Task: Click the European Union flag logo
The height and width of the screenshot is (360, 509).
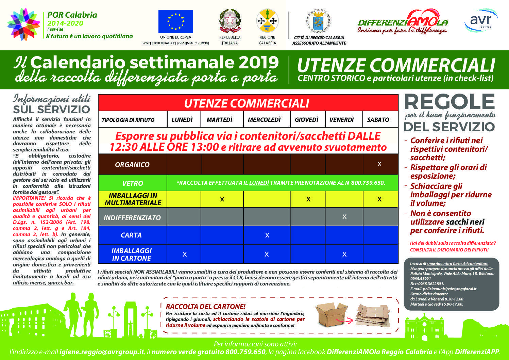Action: coord(175,21)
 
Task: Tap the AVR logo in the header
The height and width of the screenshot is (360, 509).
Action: coord(480,20)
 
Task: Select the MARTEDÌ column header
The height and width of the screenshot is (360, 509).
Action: coord(219,120)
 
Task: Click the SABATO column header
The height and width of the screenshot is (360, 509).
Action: coord(378,120)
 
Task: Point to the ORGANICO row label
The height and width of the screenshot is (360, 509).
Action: coord(132,165)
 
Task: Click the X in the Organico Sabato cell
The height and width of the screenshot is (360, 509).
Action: coord(379,164)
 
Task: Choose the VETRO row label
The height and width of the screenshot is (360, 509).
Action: coord(132,183)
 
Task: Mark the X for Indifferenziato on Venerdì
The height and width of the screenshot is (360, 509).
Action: coord(344,217)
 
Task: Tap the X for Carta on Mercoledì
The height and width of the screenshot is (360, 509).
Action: coord(267,235)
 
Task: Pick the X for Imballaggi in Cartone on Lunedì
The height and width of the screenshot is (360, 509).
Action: coord(185,255)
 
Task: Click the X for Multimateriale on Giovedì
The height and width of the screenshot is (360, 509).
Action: coord(308,199)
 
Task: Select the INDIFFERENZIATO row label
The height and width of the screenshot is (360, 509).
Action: coord(132,218)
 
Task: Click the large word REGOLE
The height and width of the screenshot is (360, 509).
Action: coord(449,102)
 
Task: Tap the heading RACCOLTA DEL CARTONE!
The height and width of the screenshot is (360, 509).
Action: coord(205,307)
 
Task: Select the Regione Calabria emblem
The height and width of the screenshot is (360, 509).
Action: coord(267,21)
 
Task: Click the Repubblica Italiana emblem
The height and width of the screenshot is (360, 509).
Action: coord(230,21)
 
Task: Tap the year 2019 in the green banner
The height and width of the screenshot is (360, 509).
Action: coord(258,63)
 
